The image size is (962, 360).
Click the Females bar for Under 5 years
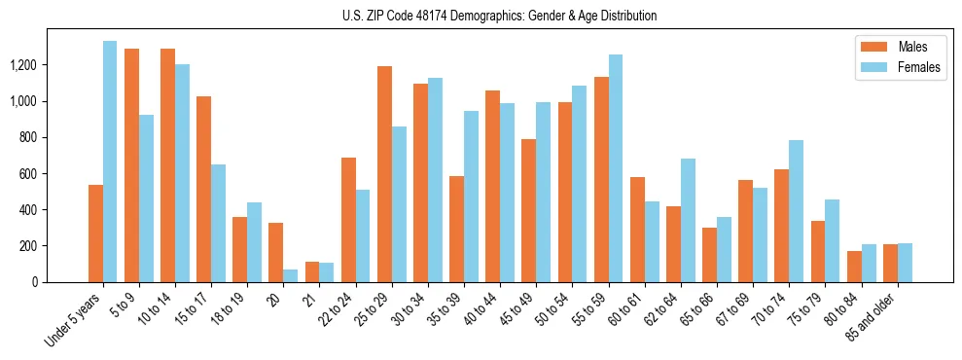pos(110,162)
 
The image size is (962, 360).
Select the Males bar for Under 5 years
pos(95,234)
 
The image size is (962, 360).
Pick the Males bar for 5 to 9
pos(131,165)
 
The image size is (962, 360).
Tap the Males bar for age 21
pos(312,271)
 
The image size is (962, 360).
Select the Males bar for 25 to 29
pos(385,174)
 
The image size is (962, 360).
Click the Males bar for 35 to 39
pos(457,229)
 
